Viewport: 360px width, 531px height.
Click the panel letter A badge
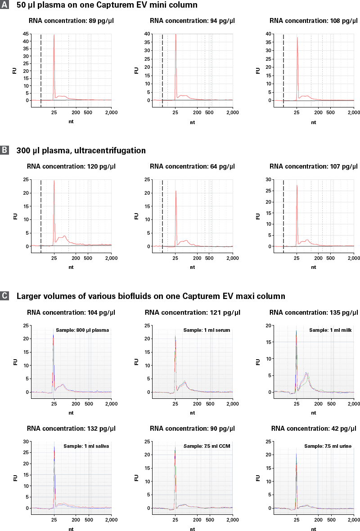pyautogui.click(x=4, y=5)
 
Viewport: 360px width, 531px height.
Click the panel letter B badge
pyautogui.click(x=4, y=150)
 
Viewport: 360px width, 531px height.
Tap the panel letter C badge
pyautogui.click(x=4, y=296)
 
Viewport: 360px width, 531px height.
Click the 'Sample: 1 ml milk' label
pyautogui.click(x=329, y=330)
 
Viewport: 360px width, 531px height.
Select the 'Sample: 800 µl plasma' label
pyautogui.click(x=83, y=330)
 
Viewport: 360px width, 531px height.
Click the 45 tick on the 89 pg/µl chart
pyautogui.click(x=25, y=34)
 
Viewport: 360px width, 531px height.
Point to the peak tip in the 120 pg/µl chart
pyautogui.click(x=54, y=180)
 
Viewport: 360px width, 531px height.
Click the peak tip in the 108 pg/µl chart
pyautogui.click(x=297, y=37)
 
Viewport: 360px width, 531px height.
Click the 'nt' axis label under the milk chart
pyautogui.click(x=314, y=412)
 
